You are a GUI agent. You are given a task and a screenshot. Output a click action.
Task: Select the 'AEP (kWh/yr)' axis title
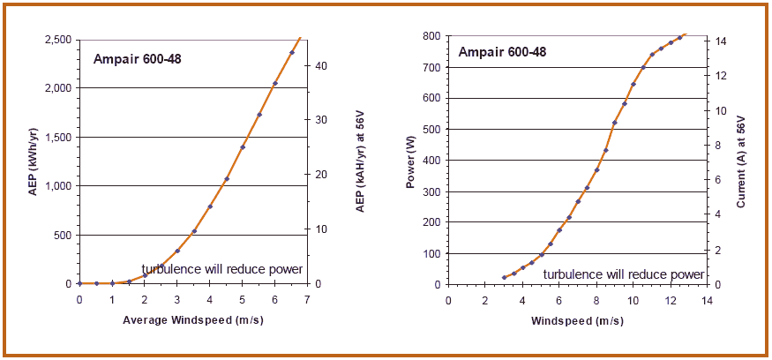click(33, 161)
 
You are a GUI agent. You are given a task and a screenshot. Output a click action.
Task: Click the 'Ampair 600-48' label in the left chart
click(136, 60)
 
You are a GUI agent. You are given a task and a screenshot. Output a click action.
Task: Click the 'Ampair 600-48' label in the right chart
click(502, 52)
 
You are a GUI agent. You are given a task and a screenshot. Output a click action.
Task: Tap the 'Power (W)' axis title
click(410, 161)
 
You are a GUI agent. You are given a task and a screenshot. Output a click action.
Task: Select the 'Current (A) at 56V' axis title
click(741, 161)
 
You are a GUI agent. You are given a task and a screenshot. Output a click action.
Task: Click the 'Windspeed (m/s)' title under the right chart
click(577, 319)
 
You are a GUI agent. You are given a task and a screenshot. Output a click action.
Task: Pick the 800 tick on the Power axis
click(431, 36)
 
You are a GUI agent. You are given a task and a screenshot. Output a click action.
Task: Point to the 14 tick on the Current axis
click(721, 41)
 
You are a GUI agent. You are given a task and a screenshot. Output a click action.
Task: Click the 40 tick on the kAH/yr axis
click(322, 66)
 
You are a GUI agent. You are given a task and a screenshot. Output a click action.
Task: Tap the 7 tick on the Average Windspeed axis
click(307, 300)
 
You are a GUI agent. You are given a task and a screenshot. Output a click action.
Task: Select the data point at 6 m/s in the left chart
click(275, 84)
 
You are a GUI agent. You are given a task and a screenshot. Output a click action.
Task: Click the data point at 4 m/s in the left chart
click(210, 206)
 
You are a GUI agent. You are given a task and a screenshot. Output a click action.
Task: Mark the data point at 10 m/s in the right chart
click(633, 85)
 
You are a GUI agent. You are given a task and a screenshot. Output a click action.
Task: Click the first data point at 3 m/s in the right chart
click(504, 278)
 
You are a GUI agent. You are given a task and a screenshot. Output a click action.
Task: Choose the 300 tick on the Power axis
click(431, 191)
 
